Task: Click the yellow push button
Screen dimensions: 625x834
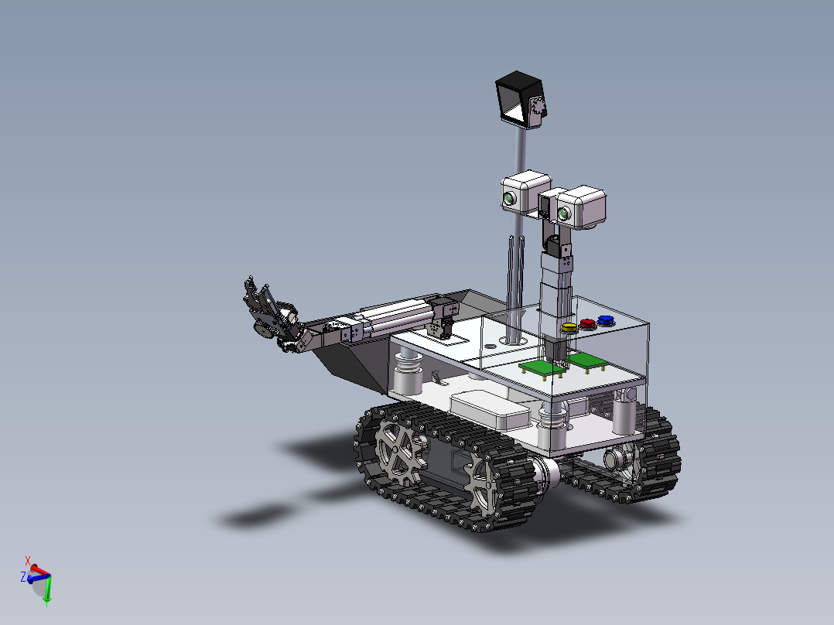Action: (569, 327)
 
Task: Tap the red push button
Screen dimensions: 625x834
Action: (587, 323)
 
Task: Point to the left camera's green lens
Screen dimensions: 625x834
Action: (510, 199)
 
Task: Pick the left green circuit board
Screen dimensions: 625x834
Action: (542, 368)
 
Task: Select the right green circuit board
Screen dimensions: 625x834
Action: (587, 360)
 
